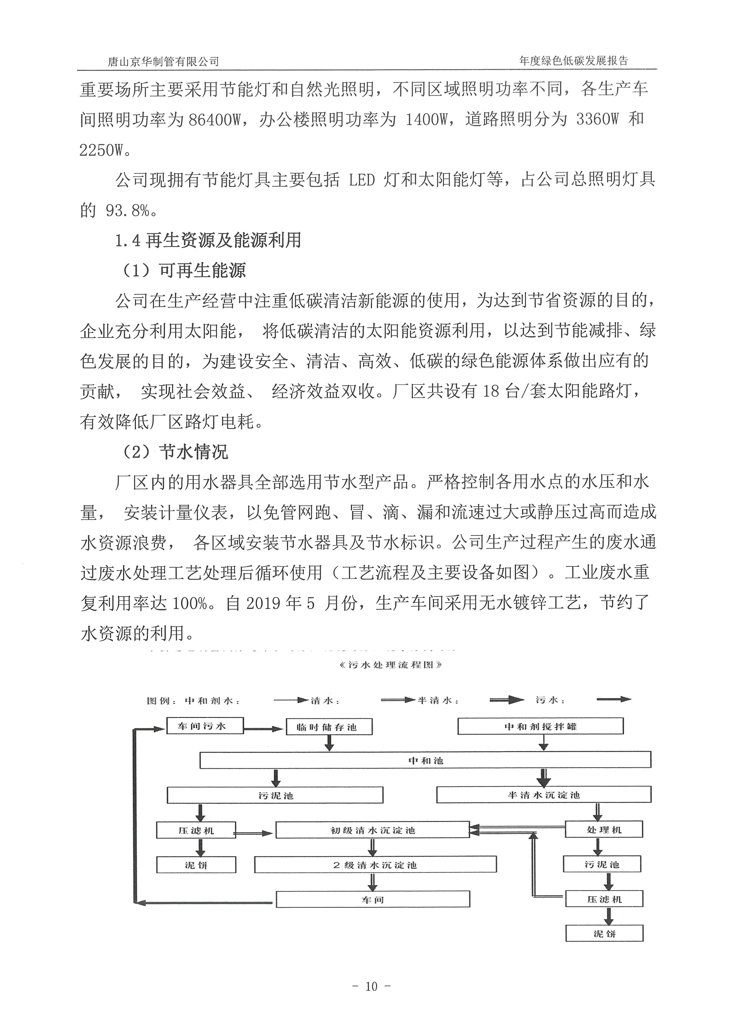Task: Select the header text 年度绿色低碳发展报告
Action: coord(574,61)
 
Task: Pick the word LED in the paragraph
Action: coord(362,180)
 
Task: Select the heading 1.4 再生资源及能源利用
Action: coord(208,240)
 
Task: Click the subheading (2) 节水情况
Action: coord(175,452)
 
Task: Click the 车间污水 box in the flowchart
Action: coord(205,726)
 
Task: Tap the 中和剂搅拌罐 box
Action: coord(540,726)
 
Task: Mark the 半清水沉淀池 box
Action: coord(544,795)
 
